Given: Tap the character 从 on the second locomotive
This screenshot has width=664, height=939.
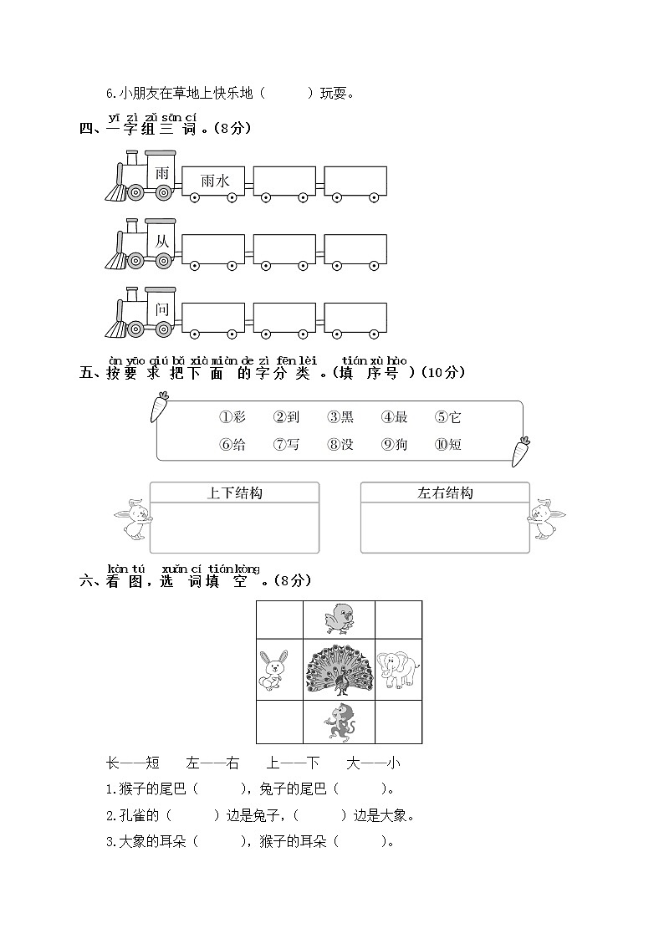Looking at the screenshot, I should coord(162,242).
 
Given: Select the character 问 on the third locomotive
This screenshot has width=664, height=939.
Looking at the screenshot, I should coord(162,309).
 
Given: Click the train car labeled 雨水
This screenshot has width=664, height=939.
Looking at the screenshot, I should coord(214,181).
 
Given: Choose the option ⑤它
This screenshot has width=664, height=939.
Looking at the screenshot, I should coord(448,417).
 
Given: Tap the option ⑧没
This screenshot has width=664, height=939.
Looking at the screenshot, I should coord(340,445).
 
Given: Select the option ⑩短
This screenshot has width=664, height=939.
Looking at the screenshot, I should coord(448,445).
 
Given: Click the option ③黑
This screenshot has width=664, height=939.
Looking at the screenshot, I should coord(340,417).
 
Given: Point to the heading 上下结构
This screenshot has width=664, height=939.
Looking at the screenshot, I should coord(234,493).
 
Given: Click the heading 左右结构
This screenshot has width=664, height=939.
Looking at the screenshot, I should coord(445,493).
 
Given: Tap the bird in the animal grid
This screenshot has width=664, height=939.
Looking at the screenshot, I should coord(339,620).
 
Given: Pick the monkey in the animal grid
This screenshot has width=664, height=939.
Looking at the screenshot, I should coord(339,722).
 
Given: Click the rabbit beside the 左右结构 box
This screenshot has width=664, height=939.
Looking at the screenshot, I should coord(545,518).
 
